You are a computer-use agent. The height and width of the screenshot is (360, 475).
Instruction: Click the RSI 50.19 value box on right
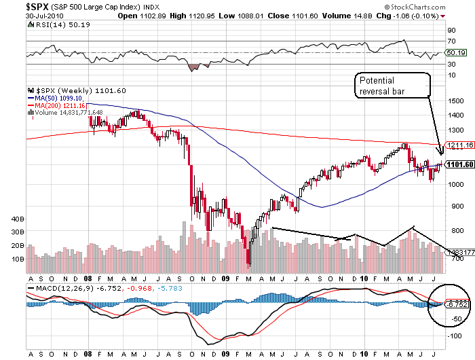pyautogui.click(x=455, y=52)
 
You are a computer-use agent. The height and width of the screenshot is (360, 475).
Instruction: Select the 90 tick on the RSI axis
pyautogui.click(x=451, y=31)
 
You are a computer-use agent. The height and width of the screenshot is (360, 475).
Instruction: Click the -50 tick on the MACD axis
pyautogui.click(x=451, y=319)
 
